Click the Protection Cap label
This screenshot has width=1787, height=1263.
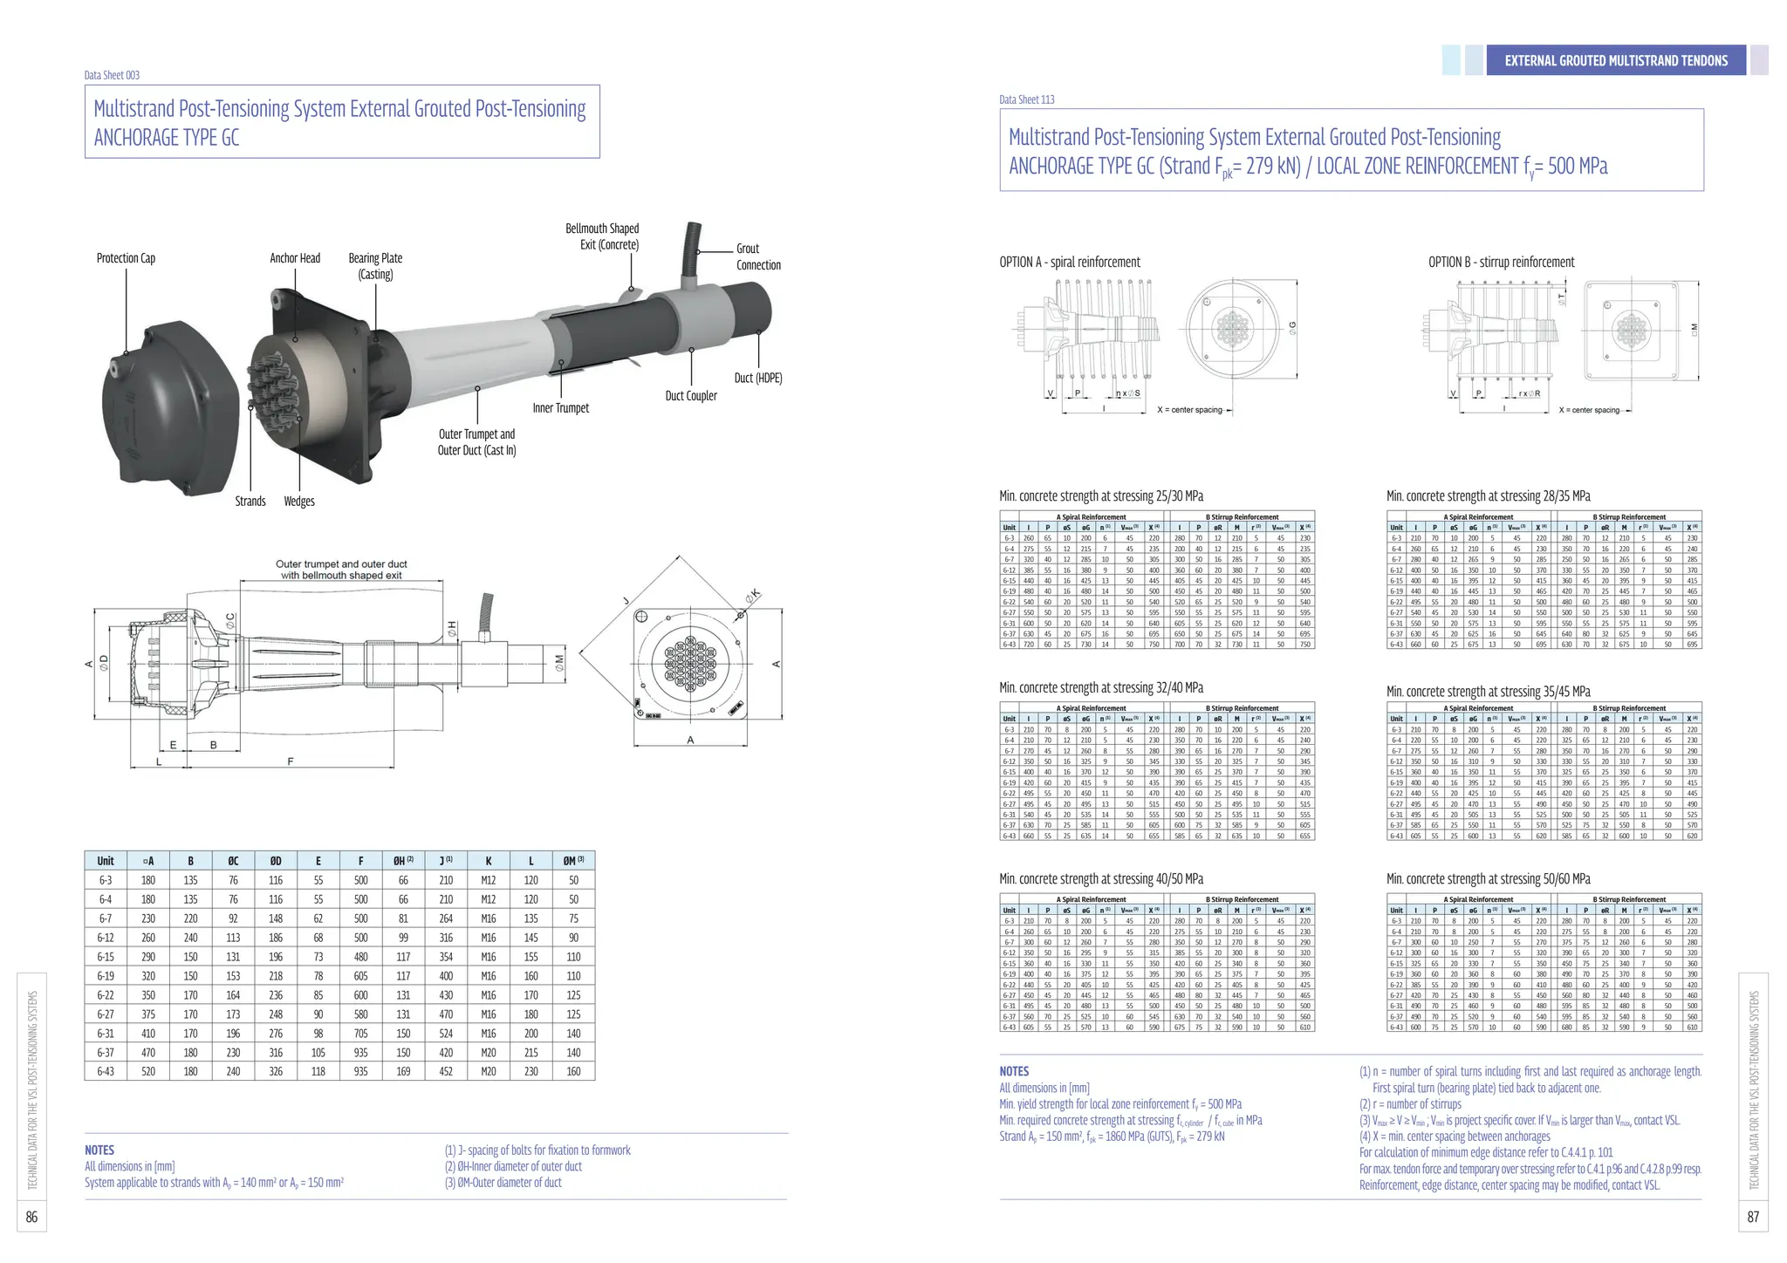coord(126,258)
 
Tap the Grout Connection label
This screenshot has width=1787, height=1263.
coord(757,256)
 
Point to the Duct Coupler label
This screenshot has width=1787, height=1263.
coord(690,396)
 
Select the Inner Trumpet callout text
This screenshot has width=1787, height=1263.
coord(560,408)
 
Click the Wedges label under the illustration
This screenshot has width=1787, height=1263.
coord(298,502)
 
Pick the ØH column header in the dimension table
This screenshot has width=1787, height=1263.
coord(403,861)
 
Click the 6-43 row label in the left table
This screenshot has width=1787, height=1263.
coord(106,1071)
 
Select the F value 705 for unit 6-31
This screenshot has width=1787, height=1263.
coord(360,1033)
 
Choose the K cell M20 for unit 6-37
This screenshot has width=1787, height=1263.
coord(488,1052)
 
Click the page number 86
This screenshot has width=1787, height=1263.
coord(31,1217)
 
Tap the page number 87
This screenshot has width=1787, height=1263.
coord(1753,1217)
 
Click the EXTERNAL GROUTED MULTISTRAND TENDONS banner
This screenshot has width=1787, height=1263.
coord(1615,60)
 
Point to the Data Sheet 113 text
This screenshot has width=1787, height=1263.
coord(1026,99)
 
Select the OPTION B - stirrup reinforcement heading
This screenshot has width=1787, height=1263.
coord(1501,263)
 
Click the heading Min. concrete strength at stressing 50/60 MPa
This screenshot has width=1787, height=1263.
coord(1488,879)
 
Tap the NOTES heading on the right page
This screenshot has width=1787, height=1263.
coord(1014,1071)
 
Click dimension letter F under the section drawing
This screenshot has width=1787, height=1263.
coord(290,761)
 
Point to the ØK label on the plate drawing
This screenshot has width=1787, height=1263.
coord(753,597)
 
